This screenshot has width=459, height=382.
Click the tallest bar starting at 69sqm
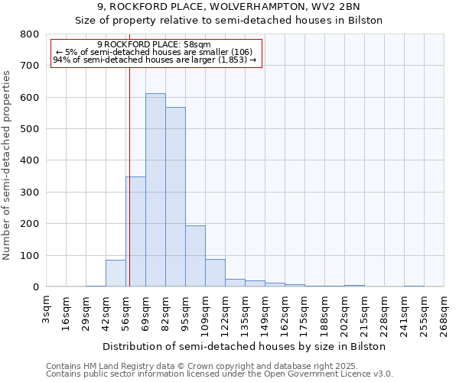pos(155,191)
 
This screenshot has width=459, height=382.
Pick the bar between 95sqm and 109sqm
pos(195,256)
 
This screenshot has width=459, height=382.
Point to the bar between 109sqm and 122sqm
pos(215,273)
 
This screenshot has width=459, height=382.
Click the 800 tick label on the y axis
pos(29,34)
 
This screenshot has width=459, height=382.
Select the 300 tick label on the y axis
pos(29,193)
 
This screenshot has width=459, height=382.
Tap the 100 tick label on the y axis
pos(29,255)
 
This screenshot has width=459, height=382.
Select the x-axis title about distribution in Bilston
pos(243,346)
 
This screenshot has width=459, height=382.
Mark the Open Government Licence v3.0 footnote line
pos(220,374)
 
